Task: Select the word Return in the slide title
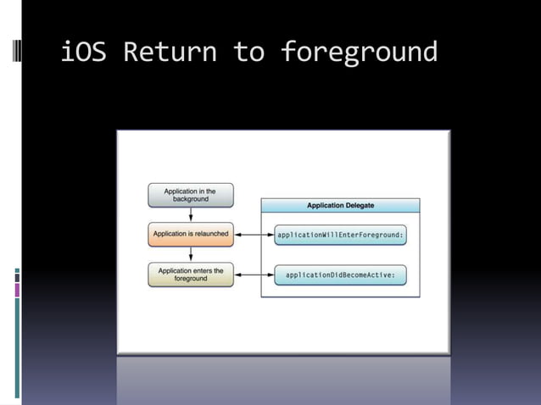170,53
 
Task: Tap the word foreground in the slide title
359,53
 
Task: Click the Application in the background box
190,196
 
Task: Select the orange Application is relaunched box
190,234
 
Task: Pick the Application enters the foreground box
190,275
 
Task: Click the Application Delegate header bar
340,205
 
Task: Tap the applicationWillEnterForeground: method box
340,235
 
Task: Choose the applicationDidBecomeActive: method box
340,275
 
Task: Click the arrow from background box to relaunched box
191,215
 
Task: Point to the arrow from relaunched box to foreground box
191,254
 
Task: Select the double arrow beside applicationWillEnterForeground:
254,235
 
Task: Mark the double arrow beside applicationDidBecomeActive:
254,275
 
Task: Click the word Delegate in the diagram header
358,205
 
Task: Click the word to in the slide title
249,53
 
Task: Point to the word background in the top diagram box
191,200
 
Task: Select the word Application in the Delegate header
323,205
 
